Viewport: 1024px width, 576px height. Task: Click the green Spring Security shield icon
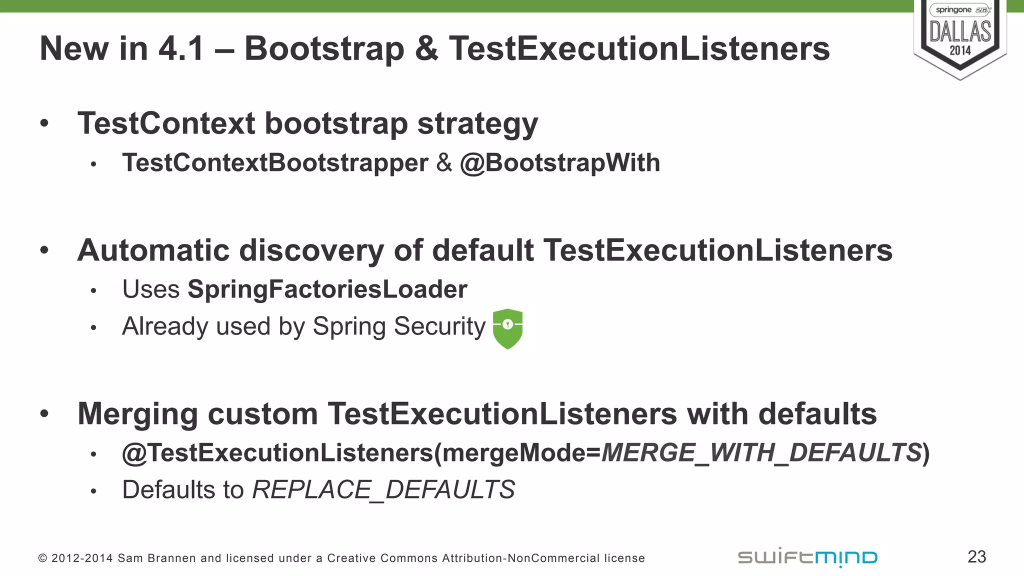pos(507,328)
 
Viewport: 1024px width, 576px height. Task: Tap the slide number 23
pos(976,556)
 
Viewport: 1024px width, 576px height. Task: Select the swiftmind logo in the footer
pos(807,557)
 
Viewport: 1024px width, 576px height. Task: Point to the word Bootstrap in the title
pos(324,49)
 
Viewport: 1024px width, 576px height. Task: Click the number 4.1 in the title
pos(181,49)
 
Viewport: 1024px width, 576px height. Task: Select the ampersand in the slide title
pos(426,49)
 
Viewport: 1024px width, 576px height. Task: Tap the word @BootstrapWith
pos(560,163)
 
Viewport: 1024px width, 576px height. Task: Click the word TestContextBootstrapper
pos(275,163)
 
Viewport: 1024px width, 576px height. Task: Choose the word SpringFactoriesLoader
pos(327,289)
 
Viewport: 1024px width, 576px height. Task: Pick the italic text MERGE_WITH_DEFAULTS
pos(761,453)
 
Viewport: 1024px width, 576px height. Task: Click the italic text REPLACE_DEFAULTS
pos(383,489)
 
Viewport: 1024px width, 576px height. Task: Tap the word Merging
pos(137,414)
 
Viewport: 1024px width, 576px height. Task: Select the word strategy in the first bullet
pos(477,124)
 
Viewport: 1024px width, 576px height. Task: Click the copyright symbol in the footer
pos(42,558)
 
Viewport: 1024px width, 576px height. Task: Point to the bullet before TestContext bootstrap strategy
pos(44,123)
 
